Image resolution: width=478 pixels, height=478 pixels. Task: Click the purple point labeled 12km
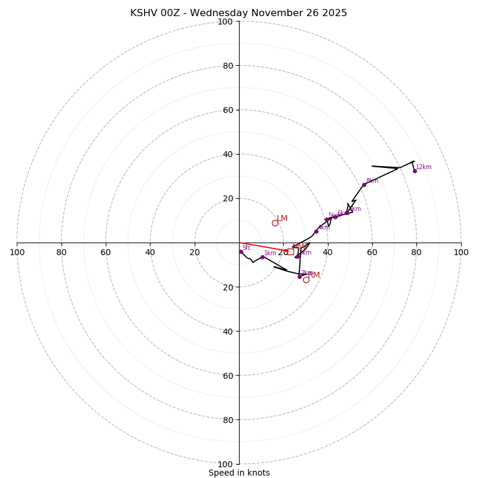coord(415,171)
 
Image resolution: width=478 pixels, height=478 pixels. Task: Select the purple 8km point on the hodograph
coord(364,185)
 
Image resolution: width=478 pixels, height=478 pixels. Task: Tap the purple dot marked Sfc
coord(241,252)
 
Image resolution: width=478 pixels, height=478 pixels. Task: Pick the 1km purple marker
coord(262,257)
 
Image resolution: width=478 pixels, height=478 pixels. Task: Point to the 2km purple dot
coord(299,277)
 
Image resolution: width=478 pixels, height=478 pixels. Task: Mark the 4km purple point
coord(316,231)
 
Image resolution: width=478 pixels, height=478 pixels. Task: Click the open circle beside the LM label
coord(275,223)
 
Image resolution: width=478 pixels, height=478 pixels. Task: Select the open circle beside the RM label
coord(306,280)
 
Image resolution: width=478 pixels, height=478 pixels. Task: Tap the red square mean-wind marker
coord(290,252)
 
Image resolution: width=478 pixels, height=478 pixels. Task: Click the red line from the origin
coord(263,247)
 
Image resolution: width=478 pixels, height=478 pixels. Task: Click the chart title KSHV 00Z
coord(238,13)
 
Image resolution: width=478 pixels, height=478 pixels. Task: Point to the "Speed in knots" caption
coord(239,473)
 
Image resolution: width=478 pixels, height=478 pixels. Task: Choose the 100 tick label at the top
coord(225,22)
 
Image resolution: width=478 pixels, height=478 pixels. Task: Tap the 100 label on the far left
coord(17,252)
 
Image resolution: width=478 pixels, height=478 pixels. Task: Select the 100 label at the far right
coord(461,252)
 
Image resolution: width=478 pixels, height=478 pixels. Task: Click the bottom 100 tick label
coord(225,464)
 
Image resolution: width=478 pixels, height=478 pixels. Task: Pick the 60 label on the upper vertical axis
coord(228,110)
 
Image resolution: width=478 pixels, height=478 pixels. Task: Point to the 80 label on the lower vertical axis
coord(228,420)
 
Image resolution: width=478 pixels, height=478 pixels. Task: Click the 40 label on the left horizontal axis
coord(150,252)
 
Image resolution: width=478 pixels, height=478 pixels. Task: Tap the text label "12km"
coord(424,167)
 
